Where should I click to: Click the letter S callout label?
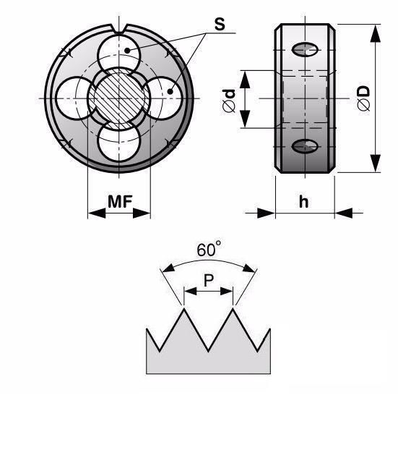(220, 25)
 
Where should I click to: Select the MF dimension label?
(120, 201)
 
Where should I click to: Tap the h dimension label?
(303, 201)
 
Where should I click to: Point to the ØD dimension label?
(363, 98)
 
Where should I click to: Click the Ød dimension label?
(229, 101)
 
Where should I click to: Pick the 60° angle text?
(209, 249)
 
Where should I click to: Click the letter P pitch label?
(209, 279)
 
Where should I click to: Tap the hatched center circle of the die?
(119, 99)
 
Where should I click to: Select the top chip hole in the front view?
(119, 54)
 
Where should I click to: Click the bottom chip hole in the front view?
(119, 142)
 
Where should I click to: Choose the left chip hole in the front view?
(74, 98)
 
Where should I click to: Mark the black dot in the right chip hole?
(170, 92)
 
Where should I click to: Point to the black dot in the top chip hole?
(127, 51)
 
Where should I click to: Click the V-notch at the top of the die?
(119, 29)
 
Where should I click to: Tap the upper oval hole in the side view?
(305, 50)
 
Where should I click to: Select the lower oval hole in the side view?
(305, 146)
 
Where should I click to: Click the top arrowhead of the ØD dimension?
(376, 33)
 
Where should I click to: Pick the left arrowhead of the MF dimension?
(97, 213)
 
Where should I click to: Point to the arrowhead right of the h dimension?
(344, 213)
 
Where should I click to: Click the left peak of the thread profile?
(183, 308)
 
